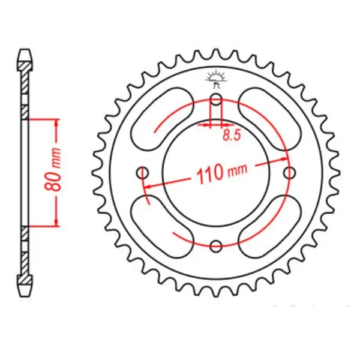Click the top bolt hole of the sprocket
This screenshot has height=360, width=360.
[217, 100]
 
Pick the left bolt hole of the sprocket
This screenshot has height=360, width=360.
[143, 173]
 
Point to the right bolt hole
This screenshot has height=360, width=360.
[291, 173]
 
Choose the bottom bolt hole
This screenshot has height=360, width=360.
[217, 245]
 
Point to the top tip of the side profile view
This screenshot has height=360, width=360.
[25, 50]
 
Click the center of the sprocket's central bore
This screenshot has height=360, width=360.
[217, 173]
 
